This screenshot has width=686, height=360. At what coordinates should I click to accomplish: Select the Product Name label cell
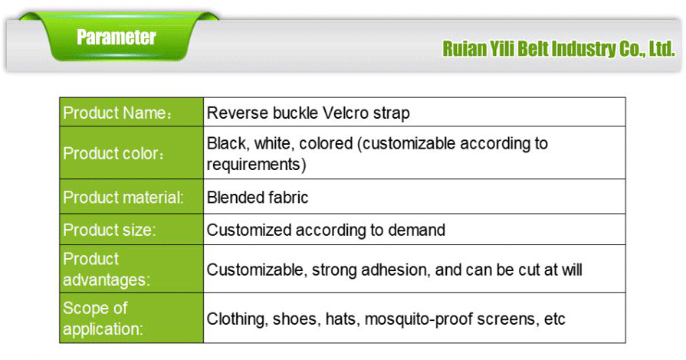(x=131, y=113)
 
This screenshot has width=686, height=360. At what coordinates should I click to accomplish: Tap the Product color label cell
(x=131, y=153)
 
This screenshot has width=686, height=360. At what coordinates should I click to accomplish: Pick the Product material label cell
(x=131, y=198)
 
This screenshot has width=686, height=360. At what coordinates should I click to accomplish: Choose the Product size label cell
(x=131, y=230)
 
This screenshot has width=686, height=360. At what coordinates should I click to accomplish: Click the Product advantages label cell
(x=131, y=269)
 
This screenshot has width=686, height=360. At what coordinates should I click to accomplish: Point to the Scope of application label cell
(x=131, y=318)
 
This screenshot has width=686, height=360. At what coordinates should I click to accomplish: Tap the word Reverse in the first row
(x=233, y=113)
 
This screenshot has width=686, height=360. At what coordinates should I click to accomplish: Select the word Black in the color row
(x=226, y=143)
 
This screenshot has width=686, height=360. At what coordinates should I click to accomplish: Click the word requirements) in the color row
(x=257, y=163)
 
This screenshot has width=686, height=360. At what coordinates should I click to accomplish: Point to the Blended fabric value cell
(x=258, y=198)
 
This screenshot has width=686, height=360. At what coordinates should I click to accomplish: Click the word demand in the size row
(x=419, y=230)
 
